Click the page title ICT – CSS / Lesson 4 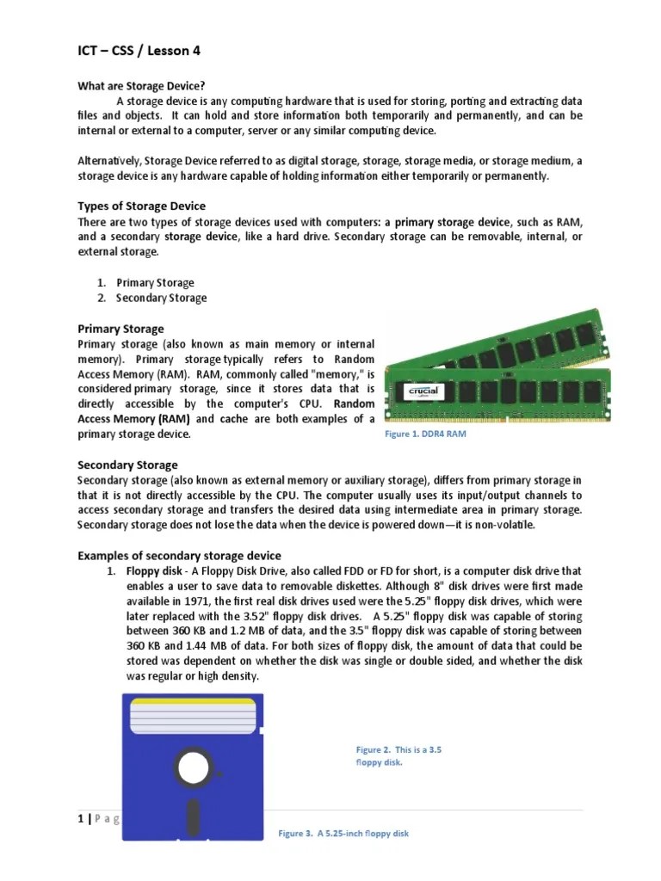tap(139, 52)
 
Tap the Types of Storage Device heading tap(142, 206)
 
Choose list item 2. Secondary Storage tap(161, 299)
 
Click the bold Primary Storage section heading tap(120, 329)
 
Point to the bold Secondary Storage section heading tap(127, 465)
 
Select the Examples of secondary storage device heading tap(179, 556)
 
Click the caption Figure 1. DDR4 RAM tap(425, 434)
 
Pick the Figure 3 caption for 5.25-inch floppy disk tap(344, 834)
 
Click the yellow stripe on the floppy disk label tap(193, 702)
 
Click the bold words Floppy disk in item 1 tap(153, 571)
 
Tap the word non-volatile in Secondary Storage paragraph tap(503, 527)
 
